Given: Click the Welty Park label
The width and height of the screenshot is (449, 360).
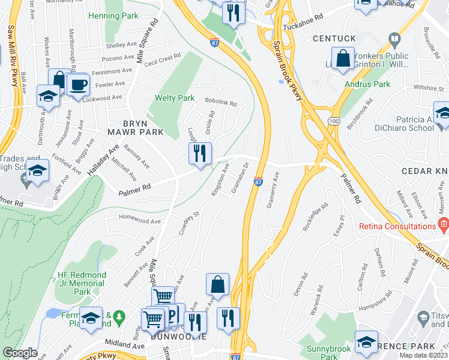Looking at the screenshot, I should point(175,98).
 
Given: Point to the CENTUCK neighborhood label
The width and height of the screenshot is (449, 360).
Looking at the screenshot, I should point(334,38).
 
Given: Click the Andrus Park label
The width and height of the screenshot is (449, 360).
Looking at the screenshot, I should point(367,85).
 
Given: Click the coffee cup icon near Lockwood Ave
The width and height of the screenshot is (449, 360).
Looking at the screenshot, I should point(78,85).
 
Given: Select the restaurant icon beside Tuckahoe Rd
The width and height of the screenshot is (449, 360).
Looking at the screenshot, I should point(233,12).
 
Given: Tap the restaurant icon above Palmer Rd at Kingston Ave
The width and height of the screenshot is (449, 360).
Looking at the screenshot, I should point(200,153).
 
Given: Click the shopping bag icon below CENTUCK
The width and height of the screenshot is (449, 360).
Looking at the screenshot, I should point(343,59).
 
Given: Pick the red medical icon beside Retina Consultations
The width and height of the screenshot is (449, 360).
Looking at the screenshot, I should point(444,226).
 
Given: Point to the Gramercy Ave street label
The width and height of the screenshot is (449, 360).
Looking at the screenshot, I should point(272,190).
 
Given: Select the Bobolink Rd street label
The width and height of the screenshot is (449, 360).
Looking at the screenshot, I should point(221,103).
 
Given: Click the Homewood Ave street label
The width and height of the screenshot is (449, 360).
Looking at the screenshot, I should point(140,220).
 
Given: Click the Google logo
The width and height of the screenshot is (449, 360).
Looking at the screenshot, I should point(20,353).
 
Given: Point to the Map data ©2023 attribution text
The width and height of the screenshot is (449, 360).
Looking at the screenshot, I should point(424,356).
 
